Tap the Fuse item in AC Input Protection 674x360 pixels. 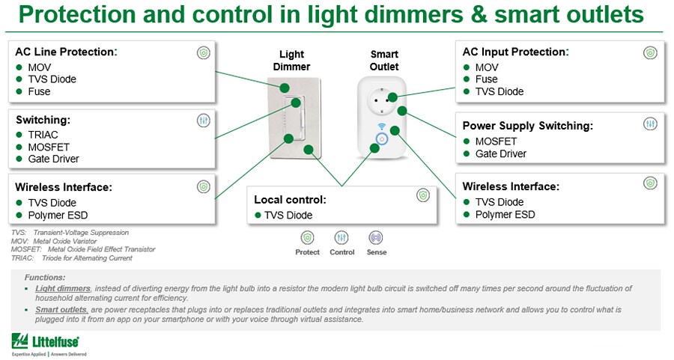tap(486, 79)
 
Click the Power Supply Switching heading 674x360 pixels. tap(527, 126)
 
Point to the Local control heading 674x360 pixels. tap(290, 200)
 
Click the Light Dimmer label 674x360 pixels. tap(291, 61)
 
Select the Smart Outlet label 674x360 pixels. tap(384, 61)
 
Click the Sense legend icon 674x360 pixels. tap(377, 238)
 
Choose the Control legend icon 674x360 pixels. tap(341, 238)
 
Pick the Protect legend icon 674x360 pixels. tap(307, 238)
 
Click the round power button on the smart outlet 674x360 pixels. tap(381, 139)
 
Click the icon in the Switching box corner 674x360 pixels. tap(203, 120)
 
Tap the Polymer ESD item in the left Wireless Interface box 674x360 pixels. tap(52, 216)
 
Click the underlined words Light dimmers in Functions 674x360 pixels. tap(63, 288)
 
